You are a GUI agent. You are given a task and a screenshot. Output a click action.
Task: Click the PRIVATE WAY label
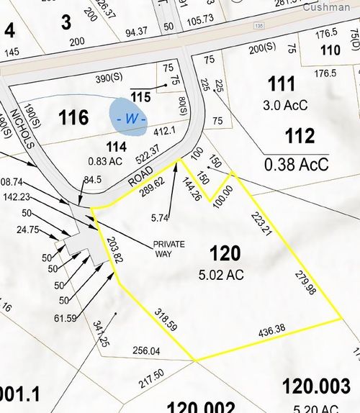click(x=169, y=248)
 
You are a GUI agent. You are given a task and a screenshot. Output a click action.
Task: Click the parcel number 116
click(x=74, y=117)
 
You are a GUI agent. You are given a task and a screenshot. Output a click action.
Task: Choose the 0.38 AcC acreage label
click(x=297, y=164)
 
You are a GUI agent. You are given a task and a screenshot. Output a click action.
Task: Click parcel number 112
click(x=300, y=135)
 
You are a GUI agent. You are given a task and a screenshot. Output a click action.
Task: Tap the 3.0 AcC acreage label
click(x=286, y=105)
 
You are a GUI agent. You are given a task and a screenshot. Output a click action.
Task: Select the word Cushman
click(x=326, y=7)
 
